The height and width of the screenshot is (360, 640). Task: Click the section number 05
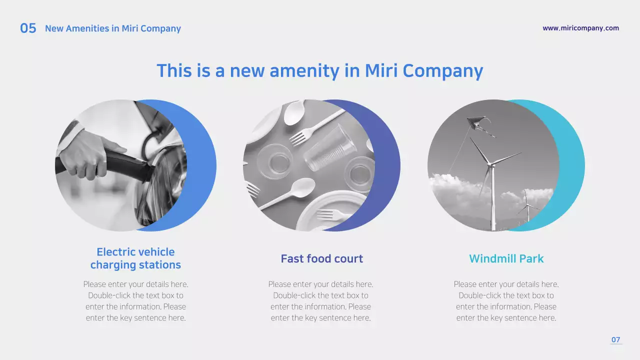pos(28,28)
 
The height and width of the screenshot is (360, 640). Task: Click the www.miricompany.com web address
pos(580,28)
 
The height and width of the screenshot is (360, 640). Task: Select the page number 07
pos(615,340)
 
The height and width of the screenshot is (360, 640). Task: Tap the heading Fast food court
pos(321,258)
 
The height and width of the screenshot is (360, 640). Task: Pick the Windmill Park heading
pos(506,258)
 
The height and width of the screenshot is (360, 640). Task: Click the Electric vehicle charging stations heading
pos(135,258)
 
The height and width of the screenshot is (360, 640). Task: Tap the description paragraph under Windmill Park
pos(506,301)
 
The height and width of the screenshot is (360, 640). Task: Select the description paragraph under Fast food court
pos(320,301)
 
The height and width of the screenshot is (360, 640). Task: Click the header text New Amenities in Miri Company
pos(113,28)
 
